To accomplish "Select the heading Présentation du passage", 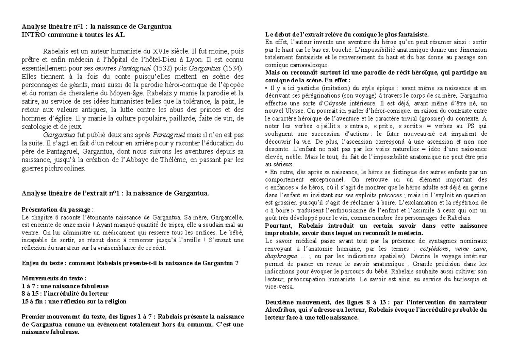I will tap(56, 209).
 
